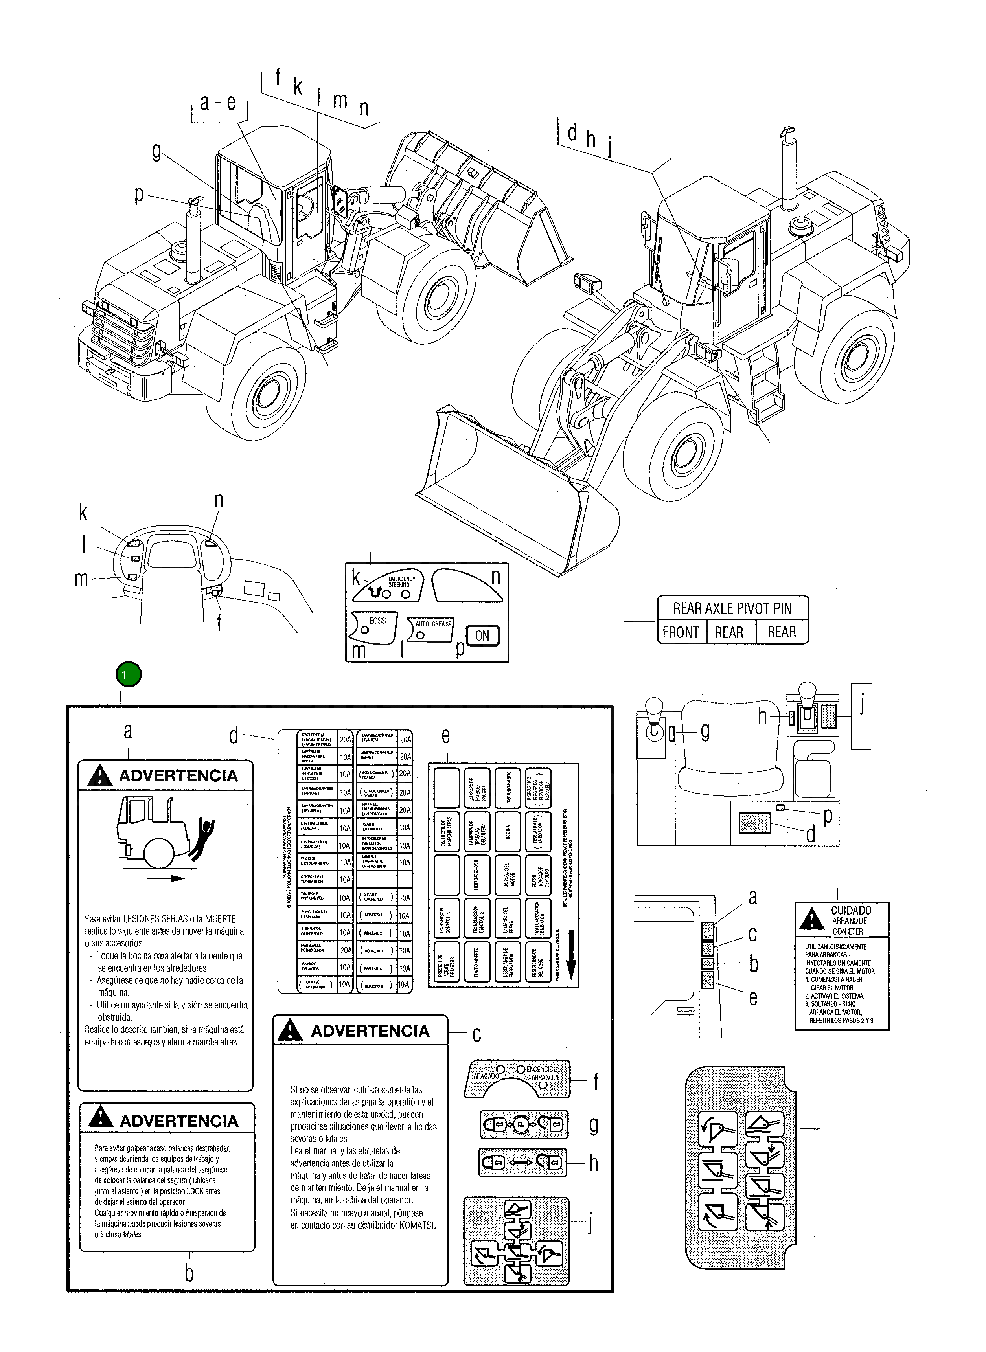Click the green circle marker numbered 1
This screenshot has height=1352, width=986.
click(x=129, y=675)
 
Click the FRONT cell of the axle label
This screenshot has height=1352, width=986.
click(x=681, y=632)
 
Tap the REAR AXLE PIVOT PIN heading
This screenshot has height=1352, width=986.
click(x=732, y=608)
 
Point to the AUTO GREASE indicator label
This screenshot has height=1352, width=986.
click(x=433, y=623)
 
